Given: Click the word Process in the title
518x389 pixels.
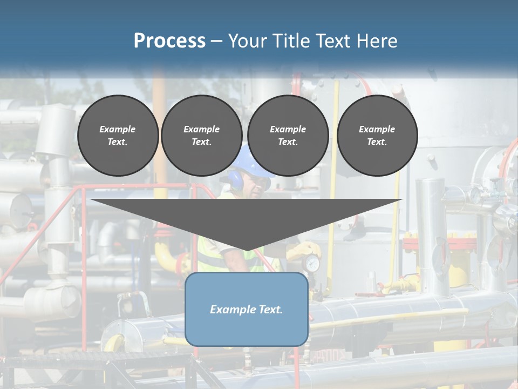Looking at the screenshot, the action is [x=169, y=41].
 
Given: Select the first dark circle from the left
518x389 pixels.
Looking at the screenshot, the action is [x=118, y=135].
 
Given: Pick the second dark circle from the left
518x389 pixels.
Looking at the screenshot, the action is [x=201, y=135].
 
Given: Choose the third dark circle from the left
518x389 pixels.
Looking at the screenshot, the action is [x=288, y=135].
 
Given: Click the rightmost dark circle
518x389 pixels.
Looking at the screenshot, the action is [x=377, y=135].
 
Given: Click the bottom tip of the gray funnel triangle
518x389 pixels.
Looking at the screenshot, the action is [x=247, y=249].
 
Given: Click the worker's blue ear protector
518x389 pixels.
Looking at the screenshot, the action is [x=236, y=179].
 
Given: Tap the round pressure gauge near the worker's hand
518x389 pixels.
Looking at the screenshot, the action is [x=311, y=264].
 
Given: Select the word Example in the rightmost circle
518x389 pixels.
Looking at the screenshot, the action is [x=377, y=129].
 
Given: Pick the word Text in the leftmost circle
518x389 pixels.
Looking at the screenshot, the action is [x=117, y=142].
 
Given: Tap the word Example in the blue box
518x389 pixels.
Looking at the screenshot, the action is [x=231, y=310].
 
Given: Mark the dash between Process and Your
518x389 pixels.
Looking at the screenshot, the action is [x=216, y=41].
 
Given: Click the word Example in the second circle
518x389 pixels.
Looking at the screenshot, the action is [x=201, y=129].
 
